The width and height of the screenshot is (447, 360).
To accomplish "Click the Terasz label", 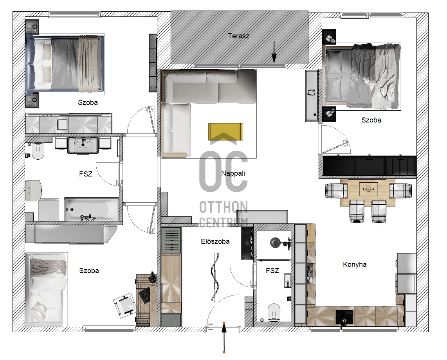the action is pyautogui.click(x=239, y=36).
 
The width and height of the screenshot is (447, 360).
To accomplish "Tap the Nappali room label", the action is pyautogui.click(x=233, y=173).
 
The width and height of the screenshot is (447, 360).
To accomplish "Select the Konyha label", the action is pyautogui.click(x=355, y=265).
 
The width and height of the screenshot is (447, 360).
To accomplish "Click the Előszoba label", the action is pyautogui.click(x=215, y=241).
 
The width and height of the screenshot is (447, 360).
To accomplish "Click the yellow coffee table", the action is pyautogui.click(x=225, y=132).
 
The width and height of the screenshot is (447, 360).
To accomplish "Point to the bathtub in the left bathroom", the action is pyautogui.click(x=92, y=209).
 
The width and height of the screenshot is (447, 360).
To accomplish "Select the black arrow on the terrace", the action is pyautogui.click(x=274, y=52).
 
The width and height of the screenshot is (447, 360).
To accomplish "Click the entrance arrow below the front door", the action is pyautogui.click(x=224, y=337).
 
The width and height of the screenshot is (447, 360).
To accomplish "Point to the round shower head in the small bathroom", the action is pyautogui.click(x=276, y=243).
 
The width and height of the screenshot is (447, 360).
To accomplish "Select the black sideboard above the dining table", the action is pyautogui.click(x=369, y=166).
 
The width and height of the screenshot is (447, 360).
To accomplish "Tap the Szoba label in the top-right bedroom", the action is pyautogui.click(x=371, y=120).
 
